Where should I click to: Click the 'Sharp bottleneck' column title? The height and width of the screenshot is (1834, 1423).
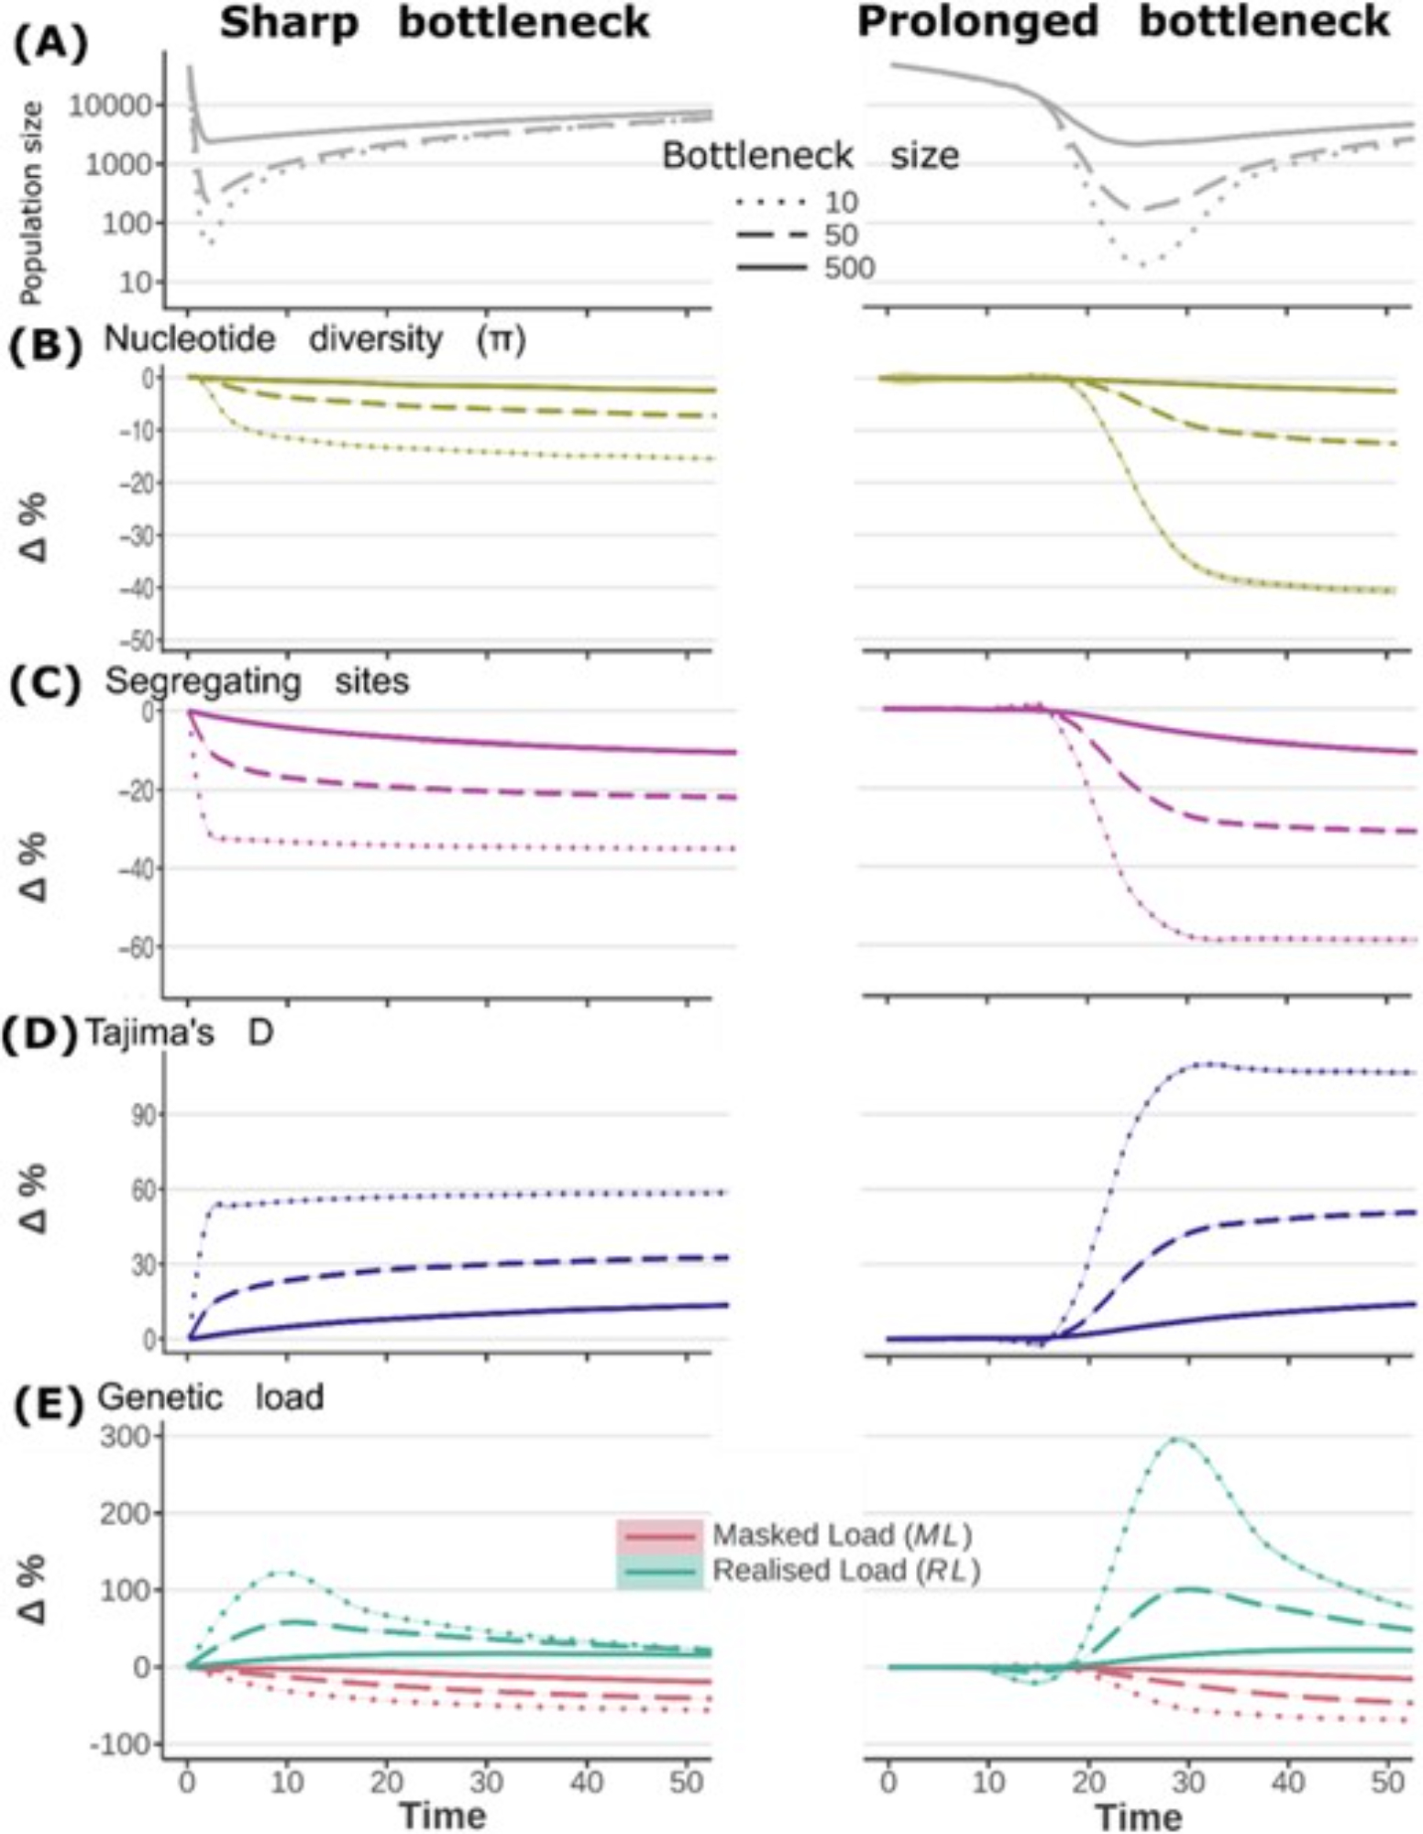point(434,23)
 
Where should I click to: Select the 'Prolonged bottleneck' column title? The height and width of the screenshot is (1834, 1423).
point(1123,23)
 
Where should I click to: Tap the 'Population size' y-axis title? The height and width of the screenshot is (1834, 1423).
point(32,204)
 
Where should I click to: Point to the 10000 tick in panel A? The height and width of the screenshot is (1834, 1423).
point(109,105)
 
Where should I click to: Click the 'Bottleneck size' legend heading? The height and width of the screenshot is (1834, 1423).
point(811,156)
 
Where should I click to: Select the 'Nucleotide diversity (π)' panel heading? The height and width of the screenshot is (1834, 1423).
point(314,339)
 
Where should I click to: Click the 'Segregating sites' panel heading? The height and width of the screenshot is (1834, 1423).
point(257,681)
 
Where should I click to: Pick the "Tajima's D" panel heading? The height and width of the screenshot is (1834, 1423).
point(180,1033)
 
